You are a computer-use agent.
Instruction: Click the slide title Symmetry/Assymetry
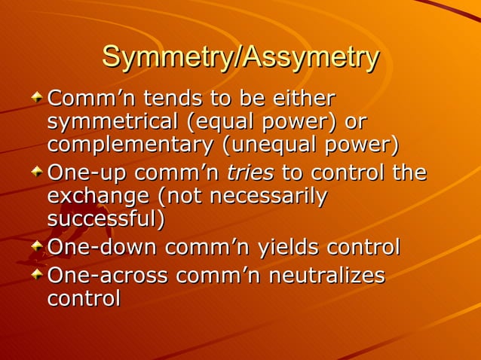(x=240, y=58)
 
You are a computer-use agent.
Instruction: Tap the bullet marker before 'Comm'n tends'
(x=38, y=97)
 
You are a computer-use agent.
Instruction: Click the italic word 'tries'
(x=250, y=172)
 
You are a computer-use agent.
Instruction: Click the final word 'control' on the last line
(x=84, y=298)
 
